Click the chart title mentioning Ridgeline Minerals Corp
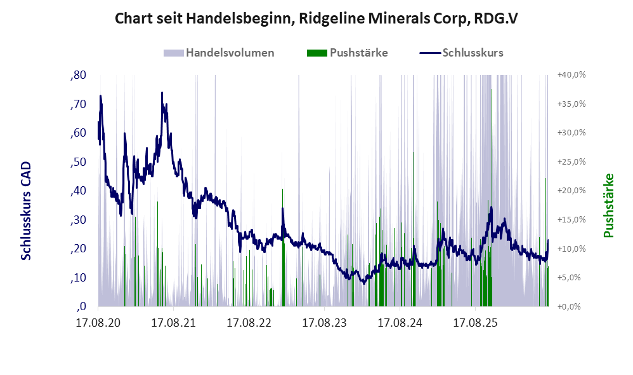tap(316, 18)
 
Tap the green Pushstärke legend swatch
tap(317, 53)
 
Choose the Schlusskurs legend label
tap(473, 53)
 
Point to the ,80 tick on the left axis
tap(78, 75)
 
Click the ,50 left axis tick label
tap(78, 162)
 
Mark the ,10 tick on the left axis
tap(78, 278)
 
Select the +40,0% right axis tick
tap(571, 75)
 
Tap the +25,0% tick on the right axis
tap(571, 162)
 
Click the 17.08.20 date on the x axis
tap(98, 323)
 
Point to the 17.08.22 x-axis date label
tap(249, 323)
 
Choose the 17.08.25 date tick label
tap(475, 323)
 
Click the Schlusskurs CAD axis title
tap(26, 211)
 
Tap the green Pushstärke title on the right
tap(608, 205)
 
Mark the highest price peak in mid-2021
tap(162, 93)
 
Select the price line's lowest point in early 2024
tap(363, 283)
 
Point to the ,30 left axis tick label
tap(78, 220)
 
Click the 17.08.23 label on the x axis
tap(324, 323)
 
